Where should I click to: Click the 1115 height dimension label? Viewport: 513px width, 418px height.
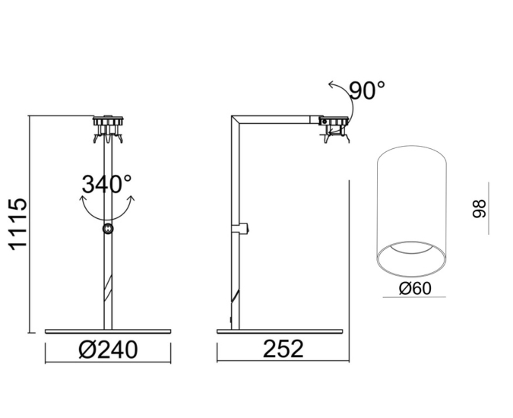tap(17, 224)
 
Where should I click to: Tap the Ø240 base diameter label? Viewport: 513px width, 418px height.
tap(108, 350)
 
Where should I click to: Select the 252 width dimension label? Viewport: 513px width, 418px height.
tap(283, 349)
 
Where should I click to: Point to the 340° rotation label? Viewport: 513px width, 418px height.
tap(106, 184)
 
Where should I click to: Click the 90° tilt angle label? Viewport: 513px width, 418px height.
tap(367, 90)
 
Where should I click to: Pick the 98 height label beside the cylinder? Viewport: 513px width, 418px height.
tap(480, 209)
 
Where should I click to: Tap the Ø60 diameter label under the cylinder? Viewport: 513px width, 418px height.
tap(415, 289)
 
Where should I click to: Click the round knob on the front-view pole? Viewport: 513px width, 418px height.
tap(108, 229)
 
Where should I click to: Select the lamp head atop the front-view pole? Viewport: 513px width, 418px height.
tap(108, 129)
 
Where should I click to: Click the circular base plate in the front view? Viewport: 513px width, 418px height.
tap(108, 331)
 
